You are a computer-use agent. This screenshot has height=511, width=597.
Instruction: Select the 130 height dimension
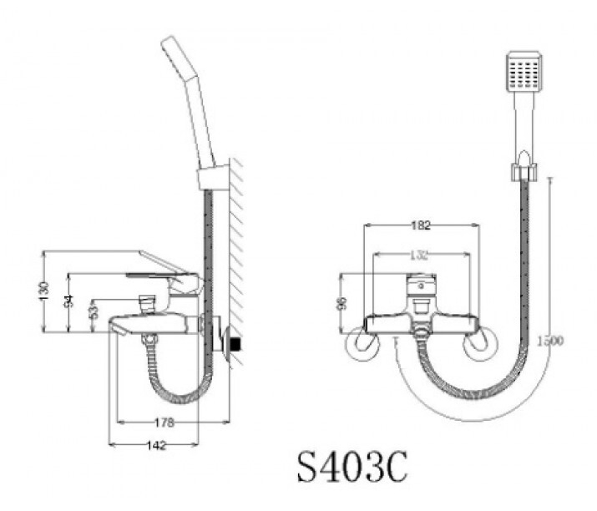pos(45,291)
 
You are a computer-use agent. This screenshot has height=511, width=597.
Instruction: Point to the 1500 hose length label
pos(550,341)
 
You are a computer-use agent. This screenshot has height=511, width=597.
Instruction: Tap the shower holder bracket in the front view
pos(522,172)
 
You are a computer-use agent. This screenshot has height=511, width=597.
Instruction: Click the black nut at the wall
pos(236,343)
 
